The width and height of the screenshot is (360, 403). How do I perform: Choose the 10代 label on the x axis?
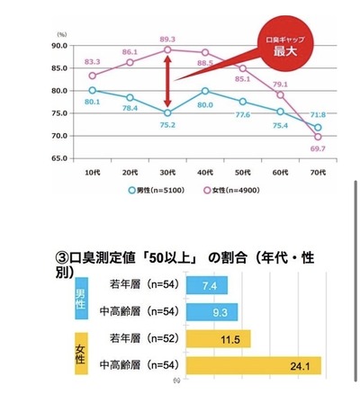(92, 171)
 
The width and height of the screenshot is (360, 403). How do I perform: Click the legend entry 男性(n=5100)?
(157, 190)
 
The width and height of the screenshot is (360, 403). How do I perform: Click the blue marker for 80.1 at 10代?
(92, 90)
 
